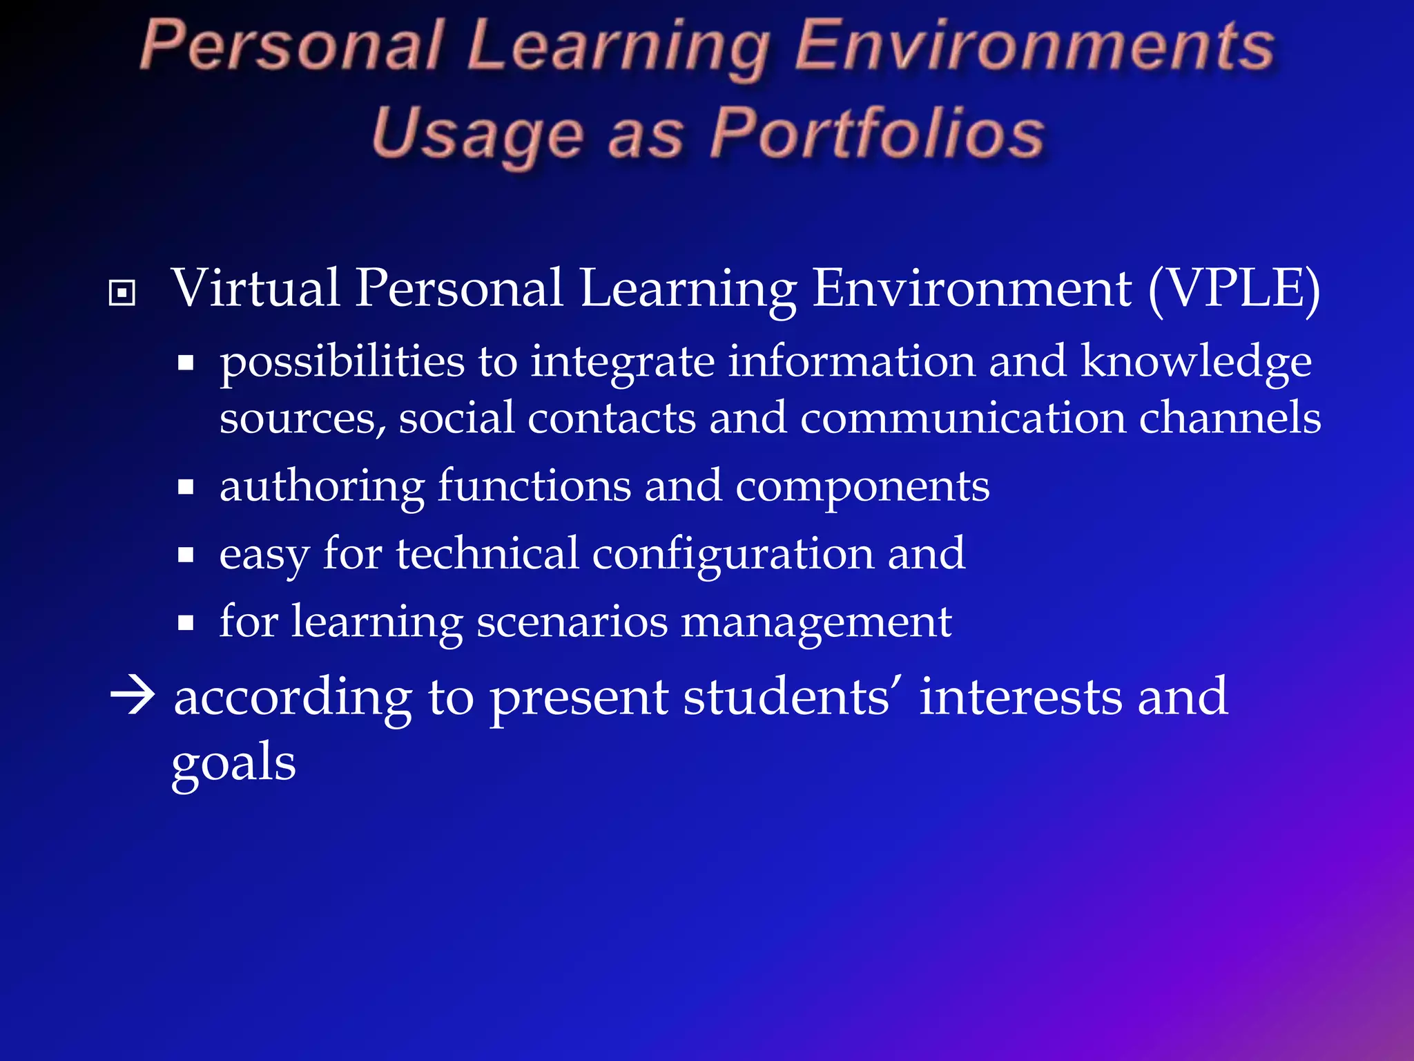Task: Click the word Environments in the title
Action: pos(1034,47)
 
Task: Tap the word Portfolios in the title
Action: pos(878,133)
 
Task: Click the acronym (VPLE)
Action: pos(1234,288)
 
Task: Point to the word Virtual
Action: pos(255,288)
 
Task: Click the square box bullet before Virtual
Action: pos(122,293)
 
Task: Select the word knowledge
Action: pos(1196,362)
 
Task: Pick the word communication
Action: pos(962,418)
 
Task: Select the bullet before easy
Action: pos(185,555)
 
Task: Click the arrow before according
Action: pos(133,696)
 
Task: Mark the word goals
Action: pos(234,764)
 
